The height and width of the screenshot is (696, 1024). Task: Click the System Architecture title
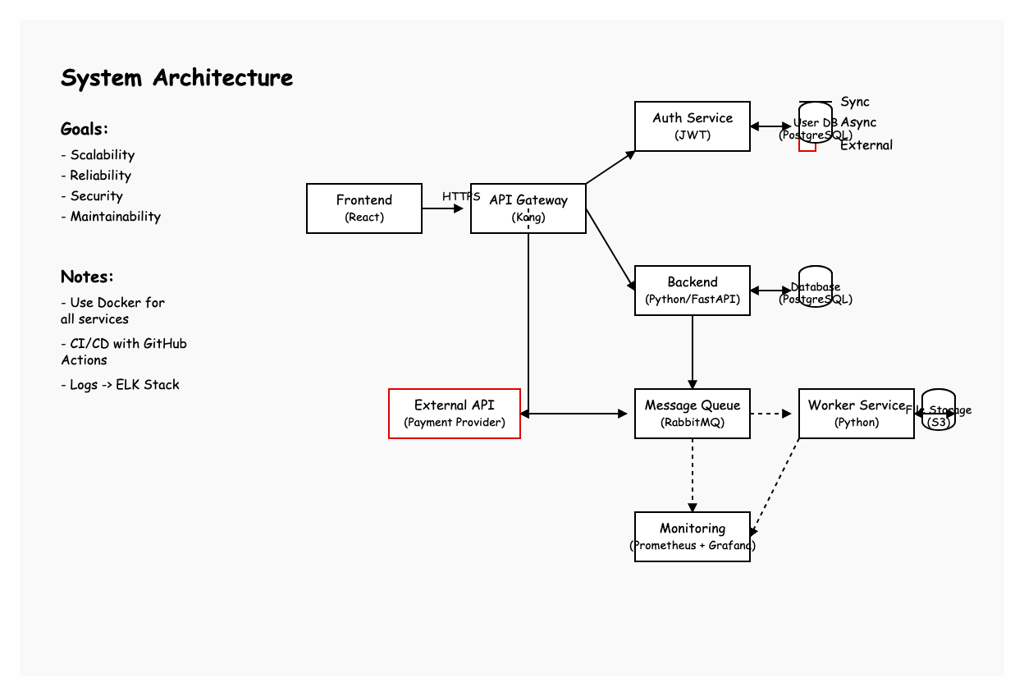point(176,78)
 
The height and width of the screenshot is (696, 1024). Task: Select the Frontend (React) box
point(364,208)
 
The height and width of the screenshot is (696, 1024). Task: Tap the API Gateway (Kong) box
point(528,208)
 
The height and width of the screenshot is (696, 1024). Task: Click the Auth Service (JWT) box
point(693,126)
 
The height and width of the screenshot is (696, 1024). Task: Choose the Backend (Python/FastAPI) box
point(693,291)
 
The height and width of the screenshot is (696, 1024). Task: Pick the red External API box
point(455,414)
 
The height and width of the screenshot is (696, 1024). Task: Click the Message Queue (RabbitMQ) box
point(693,414)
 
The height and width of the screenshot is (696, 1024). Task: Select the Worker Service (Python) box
point(857,414)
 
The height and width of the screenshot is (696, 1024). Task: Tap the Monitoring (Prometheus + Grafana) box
point(693,537)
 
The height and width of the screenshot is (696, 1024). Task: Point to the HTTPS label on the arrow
point(461,197)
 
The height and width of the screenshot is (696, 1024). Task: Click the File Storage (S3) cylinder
point(939,410)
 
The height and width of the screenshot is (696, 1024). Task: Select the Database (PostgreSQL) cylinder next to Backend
point(816,287)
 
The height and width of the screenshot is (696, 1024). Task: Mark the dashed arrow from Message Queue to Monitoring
point(693,475)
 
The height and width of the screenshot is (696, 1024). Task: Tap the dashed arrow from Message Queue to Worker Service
point(771,414)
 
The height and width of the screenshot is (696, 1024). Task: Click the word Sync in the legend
point(855,102)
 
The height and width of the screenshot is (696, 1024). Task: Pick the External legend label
point(866,145)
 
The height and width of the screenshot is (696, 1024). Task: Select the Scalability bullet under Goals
point(98,155)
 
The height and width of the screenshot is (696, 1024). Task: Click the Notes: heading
point(87,277)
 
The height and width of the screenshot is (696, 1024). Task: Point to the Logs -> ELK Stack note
point(120,385)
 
